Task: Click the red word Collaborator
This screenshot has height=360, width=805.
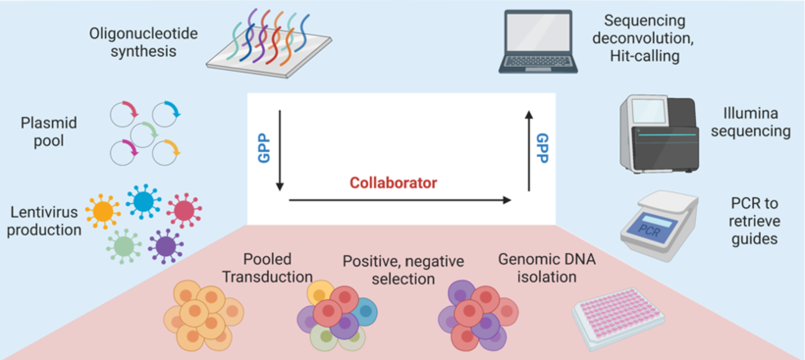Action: pos(393,183)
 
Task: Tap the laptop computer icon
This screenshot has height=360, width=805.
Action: pos(538,42)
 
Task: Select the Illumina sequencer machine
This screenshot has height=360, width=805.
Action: pos(659,134)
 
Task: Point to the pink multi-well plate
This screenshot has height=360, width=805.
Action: pos(618,318)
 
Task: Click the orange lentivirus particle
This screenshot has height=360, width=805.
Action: pos(103,211)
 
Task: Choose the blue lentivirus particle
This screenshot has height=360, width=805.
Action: pos(144,201)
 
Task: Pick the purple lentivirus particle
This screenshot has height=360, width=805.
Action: pos(166,246)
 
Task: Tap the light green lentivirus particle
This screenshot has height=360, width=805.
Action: pos(124,246)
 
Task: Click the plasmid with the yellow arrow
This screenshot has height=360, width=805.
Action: pos(165,152)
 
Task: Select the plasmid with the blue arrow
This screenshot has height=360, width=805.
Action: pos(165,114)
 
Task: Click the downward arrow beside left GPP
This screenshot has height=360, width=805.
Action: pos(279,150)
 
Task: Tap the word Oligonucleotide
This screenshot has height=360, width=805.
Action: pos(143,34)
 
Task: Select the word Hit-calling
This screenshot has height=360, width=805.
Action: pos(645,56)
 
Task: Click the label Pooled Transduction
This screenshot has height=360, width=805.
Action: pos(267,268)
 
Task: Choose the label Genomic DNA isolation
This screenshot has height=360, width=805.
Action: pos(547,268)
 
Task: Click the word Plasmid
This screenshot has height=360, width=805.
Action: pos(49,123)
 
